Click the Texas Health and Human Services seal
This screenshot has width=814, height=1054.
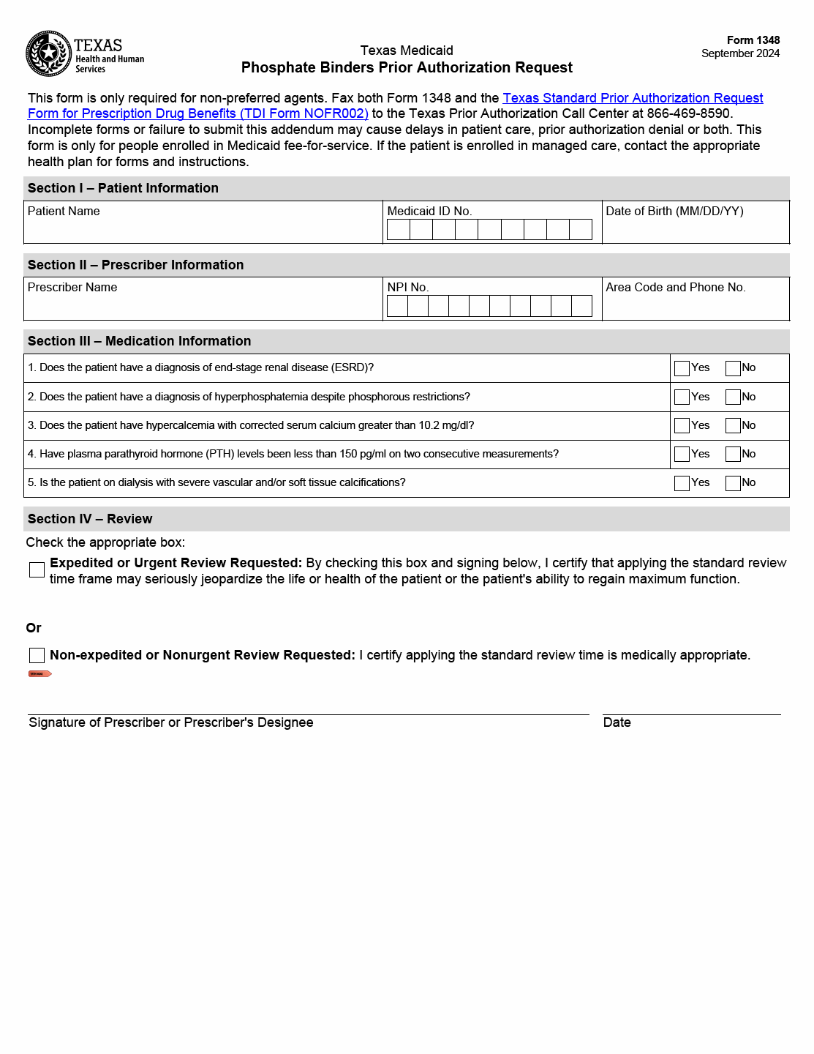pos(48,53)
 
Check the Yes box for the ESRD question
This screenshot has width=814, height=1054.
pos(682,368)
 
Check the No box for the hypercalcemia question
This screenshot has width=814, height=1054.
pos(733,425)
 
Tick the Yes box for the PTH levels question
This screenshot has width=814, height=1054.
pos(682,454)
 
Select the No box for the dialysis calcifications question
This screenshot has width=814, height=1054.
pos(733,483)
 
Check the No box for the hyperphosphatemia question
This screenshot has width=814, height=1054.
pos(733,397)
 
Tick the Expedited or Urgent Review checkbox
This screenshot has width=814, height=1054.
pos(37,569)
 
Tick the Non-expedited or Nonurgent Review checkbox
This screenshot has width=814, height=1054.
pos(37,655)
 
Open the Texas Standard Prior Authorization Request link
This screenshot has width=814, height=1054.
pos(633,98)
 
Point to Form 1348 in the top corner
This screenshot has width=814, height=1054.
pos(753,40)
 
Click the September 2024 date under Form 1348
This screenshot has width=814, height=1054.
pos(740,53)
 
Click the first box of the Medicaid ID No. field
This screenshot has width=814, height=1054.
pos(399,230)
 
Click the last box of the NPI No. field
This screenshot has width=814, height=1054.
pos(581,306)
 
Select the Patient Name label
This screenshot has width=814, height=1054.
pos(64,212)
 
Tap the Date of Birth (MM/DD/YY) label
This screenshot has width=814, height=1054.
pos(674,212)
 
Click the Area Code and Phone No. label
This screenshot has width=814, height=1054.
pos(676,288)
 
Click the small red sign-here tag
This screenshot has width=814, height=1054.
pos(39,673)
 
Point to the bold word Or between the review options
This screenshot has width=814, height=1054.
pos(34,628)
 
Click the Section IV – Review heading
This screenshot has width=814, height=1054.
pos(90,519)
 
